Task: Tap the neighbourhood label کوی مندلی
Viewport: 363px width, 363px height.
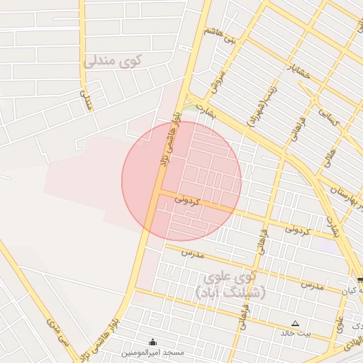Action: pos(113,61)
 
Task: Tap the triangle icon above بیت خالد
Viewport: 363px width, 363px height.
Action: pos(296,323)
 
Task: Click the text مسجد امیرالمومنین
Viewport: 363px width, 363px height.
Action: pos(152,352)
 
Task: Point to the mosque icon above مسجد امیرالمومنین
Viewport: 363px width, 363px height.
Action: pos(152,342)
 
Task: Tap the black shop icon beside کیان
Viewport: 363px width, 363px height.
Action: pos(360,281)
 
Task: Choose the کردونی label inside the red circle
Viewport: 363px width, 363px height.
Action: pos(188,201)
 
